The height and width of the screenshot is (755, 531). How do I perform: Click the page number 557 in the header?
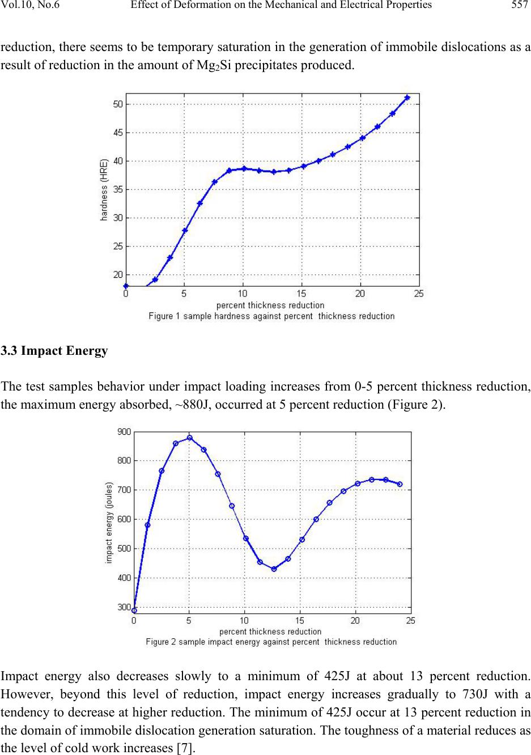click(x=520, y=6)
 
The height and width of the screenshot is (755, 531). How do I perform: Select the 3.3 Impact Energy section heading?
click(x=54, y=351)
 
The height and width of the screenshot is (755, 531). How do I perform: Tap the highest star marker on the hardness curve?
click(x=407, y=98)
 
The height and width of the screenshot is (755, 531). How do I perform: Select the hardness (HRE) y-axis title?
click(x=105, y=190)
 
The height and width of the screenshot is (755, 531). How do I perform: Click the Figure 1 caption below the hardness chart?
click(x=271, y=316)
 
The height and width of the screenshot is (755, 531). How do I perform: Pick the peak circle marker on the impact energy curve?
click(x=190, y=438)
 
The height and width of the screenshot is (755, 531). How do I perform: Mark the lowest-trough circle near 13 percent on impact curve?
click(x=274, y=569)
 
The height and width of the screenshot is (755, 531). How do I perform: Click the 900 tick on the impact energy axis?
click(x=124, y=432)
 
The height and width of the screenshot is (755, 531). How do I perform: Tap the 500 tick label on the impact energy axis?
click(x=124, y=549)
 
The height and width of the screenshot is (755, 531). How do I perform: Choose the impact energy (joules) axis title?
click(x=109, y=523)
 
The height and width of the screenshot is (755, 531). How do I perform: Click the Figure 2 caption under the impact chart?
click(x=271, y=642)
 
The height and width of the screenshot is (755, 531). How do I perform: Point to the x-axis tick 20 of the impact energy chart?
click(x=355, y=621)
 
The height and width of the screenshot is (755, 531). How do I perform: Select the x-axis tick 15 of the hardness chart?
click(x=301, y=294)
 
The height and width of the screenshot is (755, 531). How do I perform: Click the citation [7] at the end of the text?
click(x=184, y=749)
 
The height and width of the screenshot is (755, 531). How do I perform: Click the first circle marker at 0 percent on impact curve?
click(x=134, y=610)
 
